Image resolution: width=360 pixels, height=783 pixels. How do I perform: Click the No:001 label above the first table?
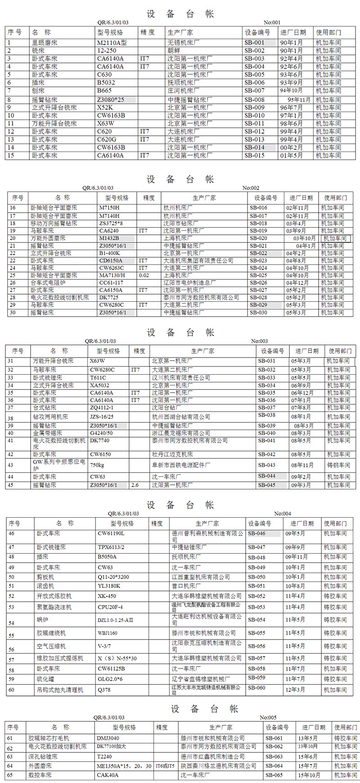point(272,22)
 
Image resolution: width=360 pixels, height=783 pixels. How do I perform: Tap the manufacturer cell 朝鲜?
point(175,50)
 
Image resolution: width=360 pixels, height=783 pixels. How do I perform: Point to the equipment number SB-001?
point(255,42)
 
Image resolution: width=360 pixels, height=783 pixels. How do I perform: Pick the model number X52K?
point(105,107)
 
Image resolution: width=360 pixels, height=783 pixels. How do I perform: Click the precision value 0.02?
point(144,275)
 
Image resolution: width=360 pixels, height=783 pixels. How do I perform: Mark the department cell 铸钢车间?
point(338,465)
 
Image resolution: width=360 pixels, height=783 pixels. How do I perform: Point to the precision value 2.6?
point(135,485)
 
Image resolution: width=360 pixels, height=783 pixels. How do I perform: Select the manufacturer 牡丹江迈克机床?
point(172,454)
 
